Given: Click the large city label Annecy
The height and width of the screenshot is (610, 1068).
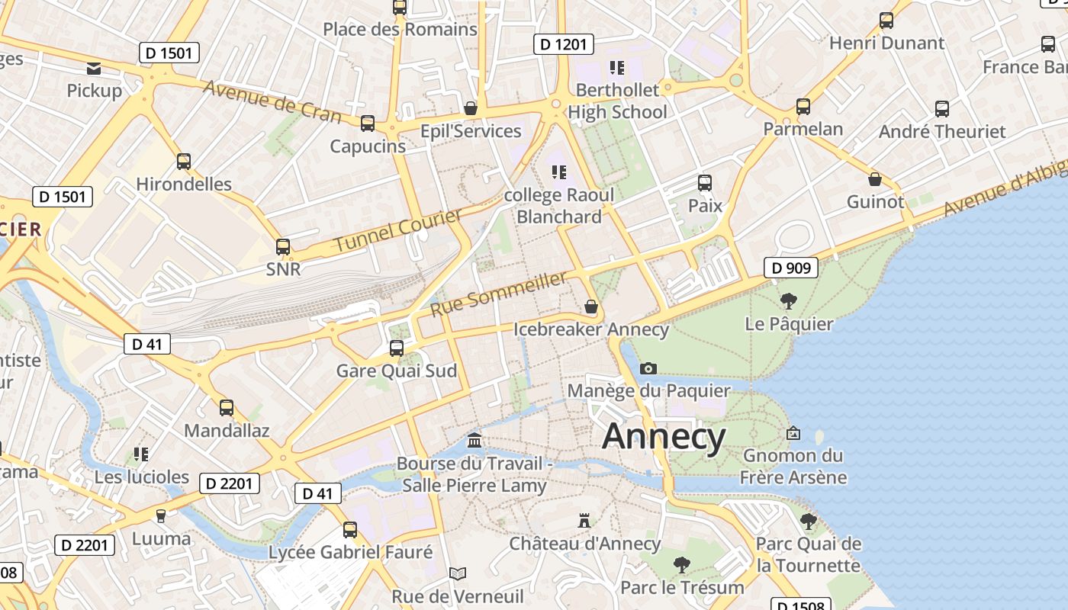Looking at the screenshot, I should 664,437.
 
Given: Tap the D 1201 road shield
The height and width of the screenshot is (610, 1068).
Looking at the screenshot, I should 563,44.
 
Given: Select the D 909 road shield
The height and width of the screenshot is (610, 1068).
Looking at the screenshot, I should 791,268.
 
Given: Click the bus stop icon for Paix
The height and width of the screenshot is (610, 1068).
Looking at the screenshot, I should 705,183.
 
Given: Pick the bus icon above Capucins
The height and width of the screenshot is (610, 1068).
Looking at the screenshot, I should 368,123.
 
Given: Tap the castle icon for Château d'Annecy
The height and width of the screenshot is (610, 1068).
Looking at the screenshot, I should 584,521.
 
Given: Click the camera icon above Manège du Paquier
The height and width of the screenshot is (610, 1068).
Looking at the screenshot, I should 648,368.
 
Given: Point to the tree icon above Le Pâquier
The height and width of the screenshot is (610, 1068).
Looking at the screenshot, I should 789,301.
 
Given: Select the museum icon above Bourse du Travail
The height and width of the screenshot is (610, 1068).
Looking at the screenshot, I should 474,441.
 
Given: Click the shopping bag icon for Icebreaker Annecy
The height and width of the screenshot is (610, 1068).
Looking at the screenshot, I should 590,307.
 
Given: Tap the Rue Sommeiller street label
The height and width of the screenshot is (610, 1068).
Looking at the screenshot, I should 499,294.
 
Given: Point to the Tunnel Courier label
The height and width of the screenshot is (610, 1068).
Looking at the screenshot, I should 399,231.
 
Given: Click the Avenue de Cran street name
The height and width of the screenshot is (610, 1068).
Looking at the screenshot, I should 272,100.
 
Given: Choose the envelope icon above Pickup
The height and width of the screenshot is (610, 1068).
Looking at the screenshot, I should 94,69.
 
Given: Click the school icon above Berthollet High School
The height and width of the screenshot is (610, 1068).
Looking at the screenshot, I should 617,67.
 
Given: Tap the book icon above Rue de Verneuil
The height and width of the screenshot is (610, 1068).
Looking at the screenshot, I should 457,573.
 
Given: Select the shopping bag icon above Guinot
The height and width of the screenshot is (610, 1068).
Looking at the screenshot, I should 875,179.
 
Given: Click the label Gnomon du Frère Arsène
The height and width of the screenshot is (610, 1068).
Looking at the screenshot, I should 793,467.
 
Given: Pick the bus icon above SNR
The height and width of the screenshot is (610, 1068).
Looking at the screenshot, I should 283,246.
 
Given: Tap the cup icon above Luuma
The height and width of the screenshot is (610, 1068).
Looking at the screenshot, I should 161,516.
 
